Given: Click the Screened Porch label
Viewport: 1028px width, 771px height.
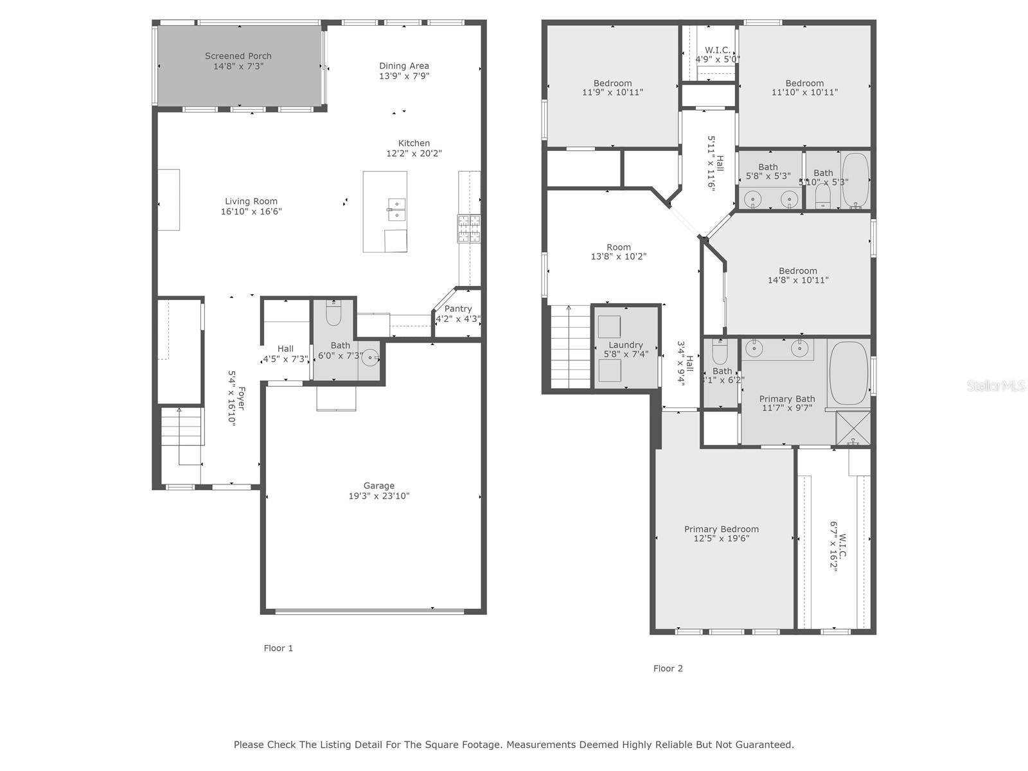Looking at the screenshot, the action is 238,56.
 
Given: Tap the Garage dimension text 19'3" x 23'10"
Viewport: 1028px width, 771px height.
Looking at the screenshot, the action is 379,496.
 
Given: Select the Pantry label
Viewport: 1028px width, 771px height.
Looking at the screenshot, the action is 457,308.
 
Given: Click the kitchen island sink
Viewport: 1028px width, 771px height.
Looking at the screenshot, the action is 396,209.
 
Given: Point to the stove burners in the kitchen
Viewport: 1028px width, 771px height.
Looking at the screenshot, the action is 469,229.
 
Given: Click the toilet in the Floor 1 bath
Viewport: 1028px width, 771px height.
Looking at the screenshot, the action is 333,312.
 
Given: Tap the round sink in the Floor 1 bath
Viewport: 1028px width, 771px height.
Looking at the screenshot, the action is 370,358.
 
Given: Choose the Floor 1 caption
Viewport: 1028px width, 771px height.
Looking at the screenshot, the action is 278,648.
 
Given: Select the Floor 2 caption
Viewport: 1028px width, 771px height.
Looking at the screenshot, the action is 668,668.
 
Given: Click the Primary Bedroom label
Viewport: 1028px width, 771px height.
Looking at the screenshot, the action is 722,529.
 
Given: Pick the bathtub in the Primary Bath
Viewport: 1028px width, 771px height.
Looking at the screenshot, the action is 849,373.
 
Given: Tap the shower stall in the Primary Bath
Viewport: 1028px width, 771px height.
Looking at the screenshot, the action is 853,428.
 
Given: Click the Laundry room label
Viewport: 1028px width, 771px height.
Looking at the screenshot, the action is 626,345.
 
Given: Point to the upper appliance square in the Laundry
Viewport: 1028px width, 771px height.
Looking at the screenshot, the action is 609,327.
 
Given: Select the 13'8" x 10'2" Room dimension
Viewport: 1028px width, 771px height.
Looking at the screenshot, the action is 619,256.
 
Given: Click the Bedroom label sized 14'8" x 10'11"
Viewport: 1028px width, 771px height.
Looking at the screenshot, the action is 797,270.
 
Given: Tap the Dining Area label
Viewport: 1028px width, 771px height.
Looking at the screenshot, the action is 403,66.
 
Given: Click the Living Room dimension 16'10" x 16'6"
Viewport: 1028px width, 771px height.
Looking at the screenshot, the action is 251,211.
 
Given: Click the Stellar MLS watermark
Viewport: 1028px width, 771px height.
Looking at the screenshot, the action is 996,385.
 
